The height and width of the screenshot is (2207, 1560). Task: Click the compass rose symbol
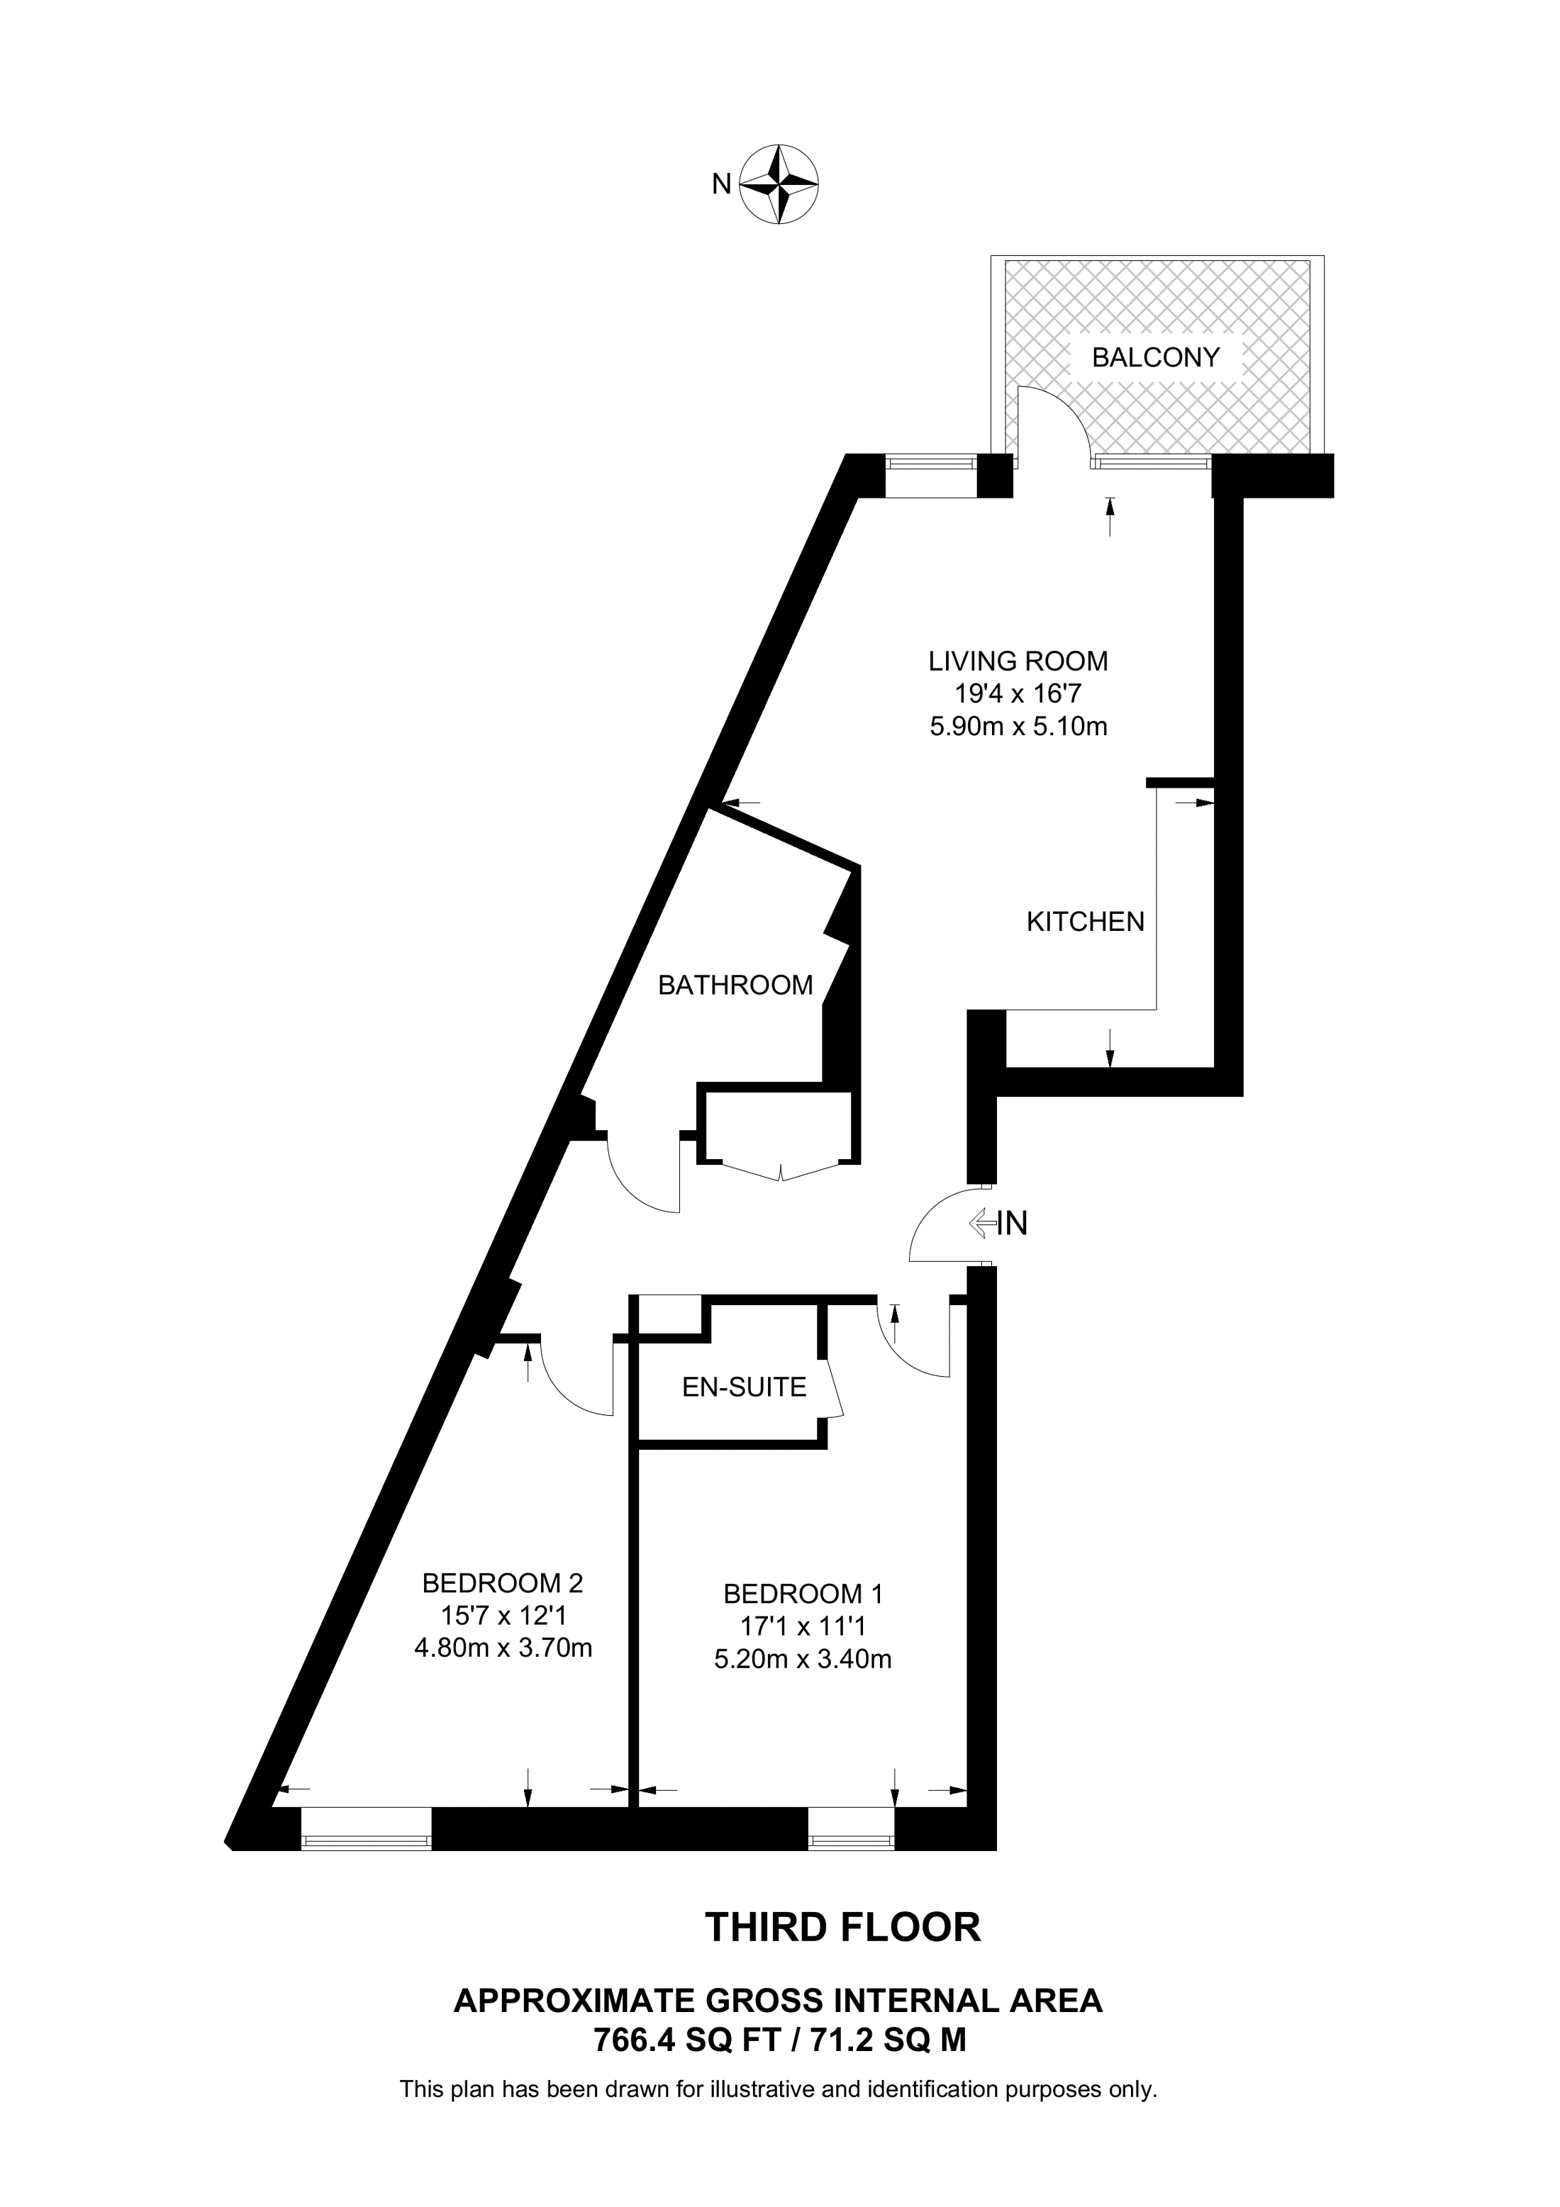tap(779, 184)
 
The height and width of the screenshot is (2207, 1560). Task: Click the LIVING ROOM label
tap(1018, 661)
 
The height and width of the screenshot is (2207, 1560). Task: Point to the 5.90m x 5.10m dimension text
tap(1018, 727)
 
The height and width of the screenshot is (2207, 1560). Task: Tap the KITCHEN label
tap(1085, 922)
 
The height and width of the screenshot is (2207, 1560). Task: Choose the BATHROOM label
tap(735, 985)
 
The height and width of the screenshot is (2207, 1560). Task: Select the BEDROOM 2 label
tap(503, 1582)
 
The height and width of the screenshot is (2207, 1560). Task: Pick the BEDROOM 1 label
tap(803, 1594)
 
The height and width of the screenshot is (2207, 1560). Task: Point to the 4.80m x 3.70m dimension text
tap(503, 1648)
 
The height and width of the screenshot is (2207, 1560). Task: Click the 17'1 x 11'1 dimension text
tap(803, 1626)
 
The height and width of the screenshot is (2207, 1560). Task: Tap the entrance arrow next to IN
tap(982, 1223)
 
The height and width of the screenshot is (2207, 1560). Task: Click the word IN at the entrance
tap(1013, 1223)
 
